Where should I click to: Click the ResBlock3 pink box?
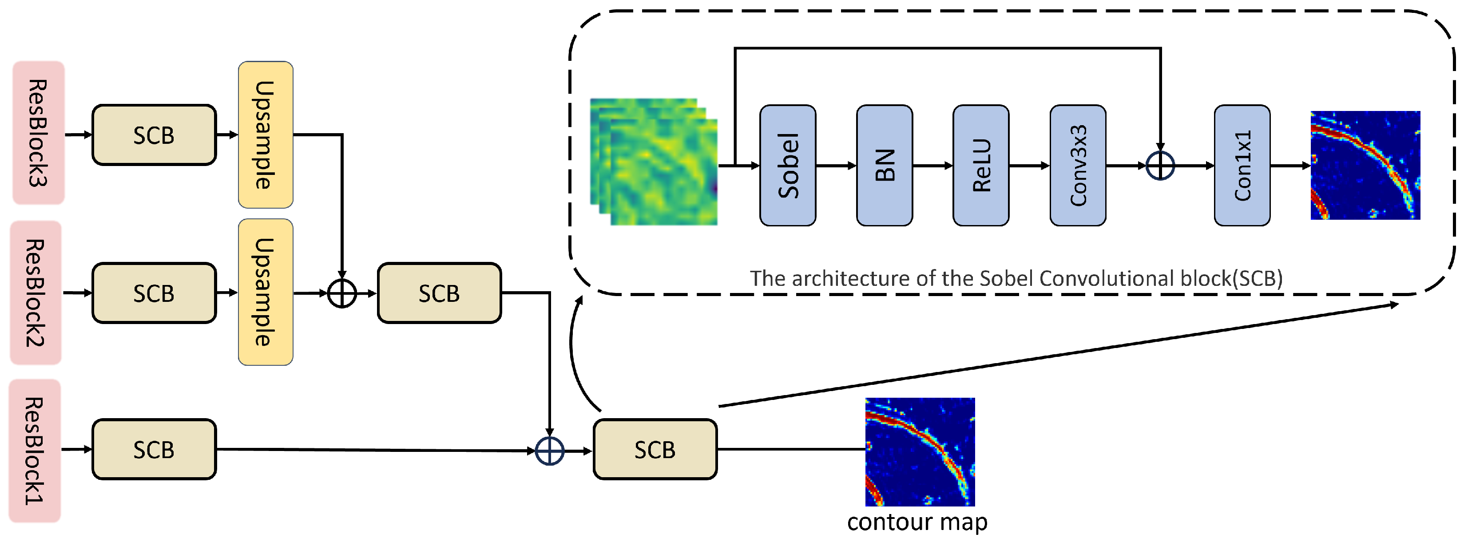click(38, 132)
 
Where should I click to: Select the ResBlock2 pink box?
click(36, 293)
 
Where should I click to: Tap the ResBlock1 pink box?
click(35, 450)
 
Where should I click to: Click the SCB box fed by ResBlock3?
click(154, 135)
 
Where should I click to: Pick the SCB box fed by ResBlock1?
click(154, 450)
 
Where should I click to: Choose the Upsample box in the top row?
click(266, 134)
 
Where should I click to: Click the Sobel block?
click(788, 165)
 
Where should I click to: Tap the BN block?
click(885, 165)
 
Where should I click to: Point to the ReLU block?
click(981, 165)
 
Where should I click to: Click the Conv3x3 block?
click(1078, 165)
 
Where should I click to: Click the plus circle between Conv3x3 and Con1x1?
click(1160, 166)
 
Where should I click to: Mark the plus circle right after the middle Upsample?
click(342, 293)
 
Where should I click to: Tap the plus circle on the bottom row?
click(549, 451)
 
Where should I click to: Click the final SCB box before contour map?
click(655, 450)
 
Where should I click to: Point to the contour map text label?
click(917, 522)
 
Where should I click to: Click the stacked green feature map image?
click(654, 162)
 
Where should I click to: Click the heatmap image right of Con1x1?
click(1365, 165)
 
